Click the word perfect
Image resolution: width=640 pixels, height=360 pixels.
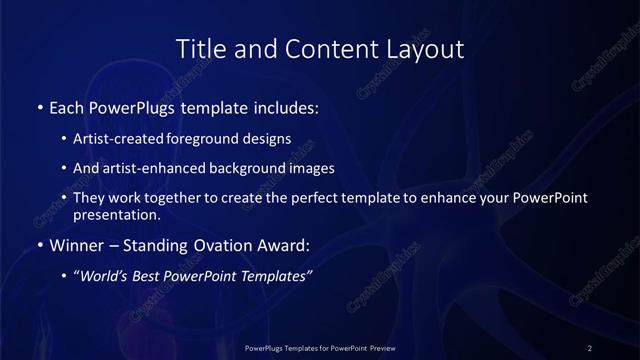click(337, 198)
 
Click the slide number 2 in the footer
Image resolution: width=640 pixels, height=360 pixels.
click(590, 347)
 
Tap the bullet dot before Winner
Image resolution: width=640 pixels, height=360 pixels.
click(39, 244)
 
